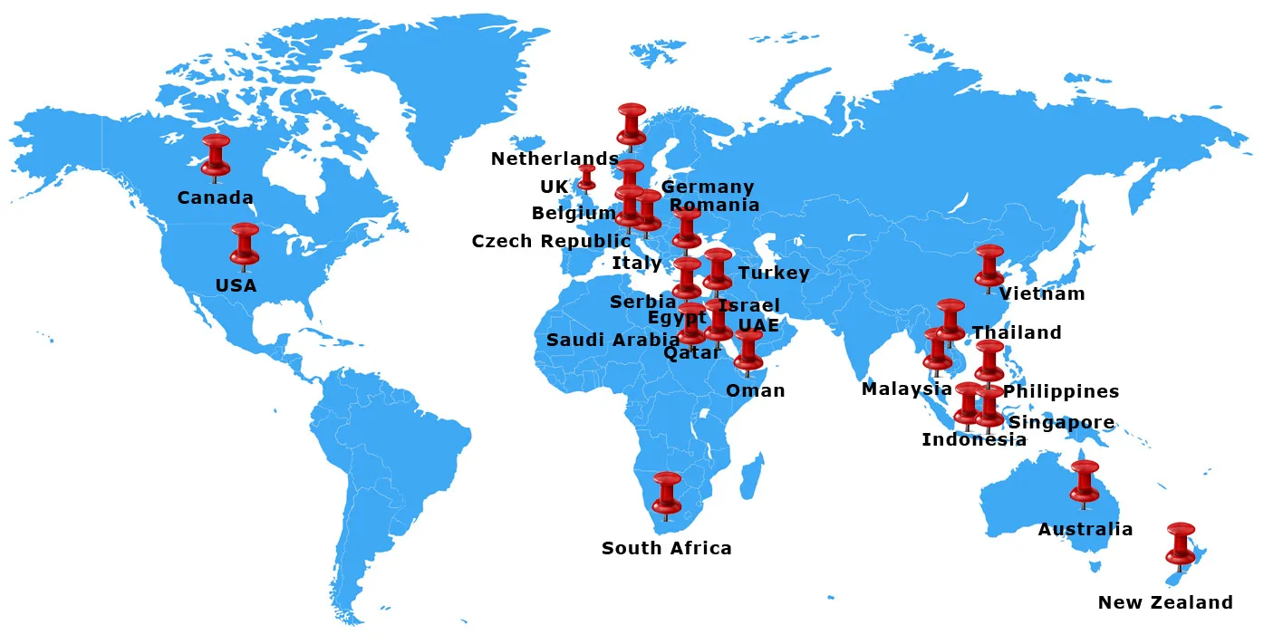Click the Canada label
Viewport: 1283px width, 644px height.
coord(215,197)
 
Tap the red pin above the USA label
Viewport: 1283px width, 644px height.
coord(245,244)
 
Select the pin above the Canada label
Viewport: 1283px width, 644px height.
coord(216,155)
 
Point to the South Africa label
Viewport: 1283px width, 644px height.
coord(666,548)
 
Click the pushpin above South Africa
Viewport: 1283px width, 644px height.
coord(667,493)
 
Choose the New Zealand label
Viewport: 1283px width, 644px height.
coord(1165,602)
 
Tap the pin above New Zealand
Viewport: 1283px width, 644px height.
coord(1181,543)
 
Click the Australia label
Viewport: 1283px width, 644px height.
coord(1085,529)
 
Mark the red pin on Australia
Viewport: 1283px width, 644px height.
coord(1085,481)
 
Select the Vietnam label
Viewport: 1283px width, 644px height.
coord(1041,293)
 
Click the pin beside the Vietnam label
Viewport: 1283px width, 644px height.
coord(989,265)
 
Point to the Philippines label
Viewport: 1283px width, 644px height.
coord(1060,391)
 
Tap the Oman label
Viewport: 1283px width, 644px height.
coord(755,390)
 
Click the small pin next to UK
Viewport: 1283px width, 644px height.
coord(587,177)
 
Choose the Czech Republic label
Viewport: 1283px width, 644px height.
coord(551,241)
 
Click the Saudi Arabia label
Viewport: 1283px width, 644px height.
coord(612,340)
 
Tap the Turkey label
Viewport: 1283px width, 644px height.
coord(773,273)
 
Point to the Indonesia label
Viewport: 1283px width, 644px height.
coord(973,439)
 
